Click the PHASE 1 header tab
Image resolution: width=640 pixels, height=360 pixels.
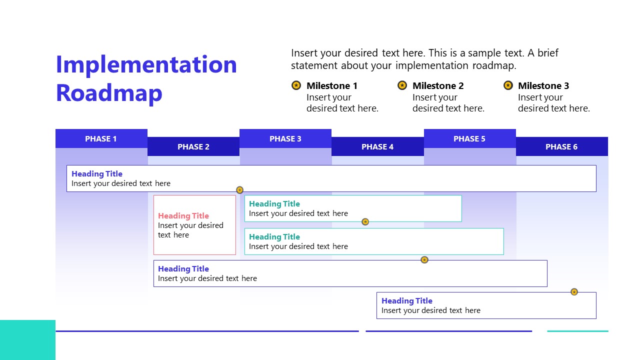[101, 138]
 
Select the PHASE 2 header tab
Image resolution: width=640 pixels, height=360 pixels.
[193, 146]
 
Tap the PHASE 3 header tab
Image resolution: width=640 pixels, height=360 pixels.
[285, 138]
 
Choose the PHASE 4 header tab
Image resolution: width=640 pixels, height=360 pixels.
[377, 146]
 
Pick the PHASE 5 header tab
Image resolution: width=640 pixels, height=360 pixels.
[469, 138]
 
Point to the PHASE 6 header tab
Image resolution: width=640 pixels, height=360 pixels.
[561, 146]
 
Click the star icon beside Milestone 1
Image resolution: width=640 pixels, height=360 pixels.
[296, 85]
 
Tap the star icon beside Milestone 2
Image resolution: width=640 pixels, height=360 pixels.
[402, 85]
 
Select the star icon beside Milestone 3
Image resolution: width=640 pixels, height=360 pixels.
[508, 85]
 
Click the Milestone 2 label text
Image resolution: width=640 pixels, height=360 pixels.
[438, 85]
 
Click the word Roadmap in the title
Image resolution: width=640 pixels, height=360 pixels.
[109, 93]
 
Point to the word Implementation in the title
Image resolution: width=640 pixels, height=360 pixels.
[146, 64]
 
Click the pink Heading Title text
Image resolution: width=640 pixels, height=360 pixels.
[183, 216]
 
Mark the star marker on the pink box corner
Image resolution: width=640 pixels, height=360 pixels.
[239, 190]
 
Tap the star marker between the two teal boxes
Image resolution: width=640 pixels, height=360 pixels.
[365, 221]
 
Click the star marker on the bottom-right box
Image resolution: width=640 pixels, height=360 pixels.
[574, 291]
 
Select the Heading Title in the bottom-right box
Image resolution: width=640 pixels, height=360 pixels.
[406, 300]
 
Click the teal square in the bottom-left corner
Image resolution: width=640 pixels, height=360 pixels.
[27, 340]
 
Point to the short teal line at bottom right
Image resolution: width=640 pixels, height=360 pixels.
[577, 331]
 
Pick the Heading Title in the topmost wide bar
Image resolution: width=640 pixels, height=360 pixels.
[97, 174]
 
